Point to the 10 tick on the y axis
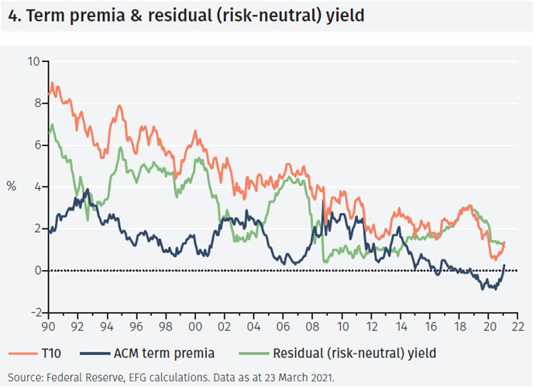tap(33, 61)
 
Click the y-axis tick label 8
tap(36, 103)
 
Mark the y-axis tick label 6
tap(36, 145)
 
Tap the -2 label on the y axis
tap(33, 313)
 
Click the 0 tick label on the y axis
tap(36, 271)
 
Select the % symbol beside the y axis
tap(12, 187)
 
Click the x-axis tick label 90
tap(48, 325)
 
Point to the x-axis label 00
tap(195, 325)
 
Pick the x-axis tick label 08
tap(313, 325)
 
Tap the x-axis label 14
tap(400, 325)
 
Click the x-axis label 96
tap(136, 325)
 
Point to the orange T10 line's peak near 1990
tap(52, 83)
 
